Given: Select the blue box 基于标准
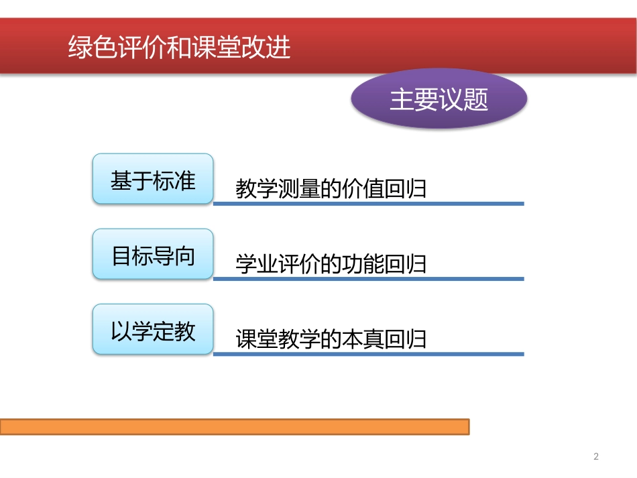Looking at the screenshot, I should [153, 180].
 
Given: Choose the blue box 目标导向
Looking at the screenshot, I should [153, 255].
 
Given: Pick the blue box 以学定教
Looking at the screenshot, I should [153, 330].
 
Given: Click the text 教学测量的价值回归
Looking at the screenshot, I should [331, 189].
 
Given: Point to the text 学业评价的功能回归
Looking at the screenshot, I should [331, 264].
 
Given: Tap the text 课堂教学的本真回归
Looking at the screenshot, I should [331, 339].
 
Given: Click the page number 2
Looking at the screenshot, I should [596, 457].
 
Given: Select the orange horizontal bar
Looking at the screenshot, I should [235, 426].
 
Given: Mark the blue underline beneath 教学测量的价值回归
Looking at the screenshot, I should [368, 203].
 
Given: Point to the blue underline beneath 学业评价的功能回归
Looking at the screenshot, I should [368, 278].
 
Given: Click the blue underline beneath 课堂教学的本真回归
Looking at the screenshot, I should [368, 353].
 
